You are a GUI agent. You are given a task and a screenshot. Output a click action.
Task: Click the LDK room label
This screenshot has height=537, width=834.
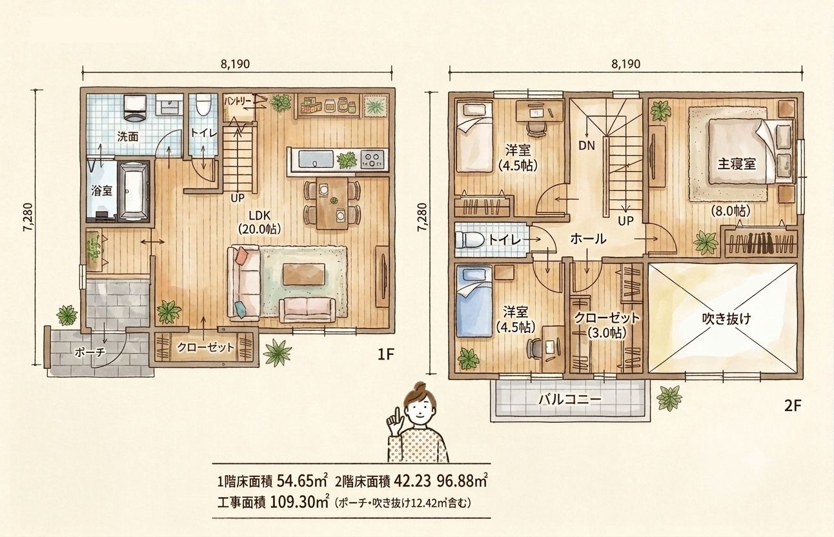click(x=259, y=216)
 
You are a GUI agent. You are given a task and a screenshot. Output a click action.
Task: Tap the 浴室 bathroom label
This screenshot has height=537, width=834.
click(x=101, y=190)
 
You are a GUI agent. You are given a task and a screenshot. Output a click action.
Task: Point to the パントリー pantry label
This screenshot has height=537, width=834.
click(x=238, y=101)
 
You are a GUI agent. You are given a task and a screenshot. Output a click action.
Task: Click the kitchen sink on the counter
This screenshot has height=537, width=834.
click(x=316, y=160)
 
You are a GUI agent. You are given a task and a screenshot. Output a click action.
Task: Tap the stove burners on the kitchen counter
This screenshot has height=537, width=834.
click(x=372, y=159)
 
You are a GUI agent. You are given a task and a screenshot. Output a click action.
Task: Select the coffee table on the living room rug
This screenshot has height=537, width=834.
click(x=304, y=274)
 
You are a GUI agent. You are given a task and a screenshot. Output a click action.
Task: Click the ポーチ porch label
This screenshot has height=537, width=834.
click(x=90, y=352)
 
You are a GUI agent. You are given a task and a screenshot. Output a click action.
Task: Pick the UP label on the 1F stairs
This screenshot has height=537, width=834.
click(x=237, y=198)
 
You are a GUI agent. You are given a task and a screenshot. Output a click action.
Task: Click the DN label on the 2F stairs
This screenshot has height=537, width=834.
click(x=587, y=146)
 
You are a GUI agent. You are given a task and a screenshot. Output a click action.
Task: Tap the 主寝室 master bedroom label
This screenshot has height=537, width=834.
click(x=737, y=164)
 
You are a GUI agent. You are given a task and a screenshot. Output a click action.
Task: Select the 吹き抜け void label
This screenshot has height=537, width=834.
click(x=726, y=318)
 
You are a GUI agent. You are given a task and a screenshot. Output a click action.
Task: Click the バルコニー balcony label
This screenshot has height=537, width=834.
click(x=570, y=400)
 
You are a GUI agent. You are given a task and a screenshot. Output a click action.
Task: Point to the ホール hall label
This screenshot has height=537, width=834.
click(x=588, y=239)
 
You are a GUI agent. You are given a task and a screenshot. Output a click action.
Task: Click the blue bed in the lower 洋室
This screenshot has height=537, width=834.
click(x=474, y=301)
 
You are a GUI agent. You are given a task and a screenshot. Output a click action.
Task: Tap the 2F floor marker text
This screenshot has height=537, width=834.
click(x=792, y=405)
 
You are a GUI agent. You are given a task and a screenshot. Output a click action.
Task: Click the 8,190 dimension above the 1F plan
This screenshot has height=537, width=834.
click(x=236, y=64)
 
